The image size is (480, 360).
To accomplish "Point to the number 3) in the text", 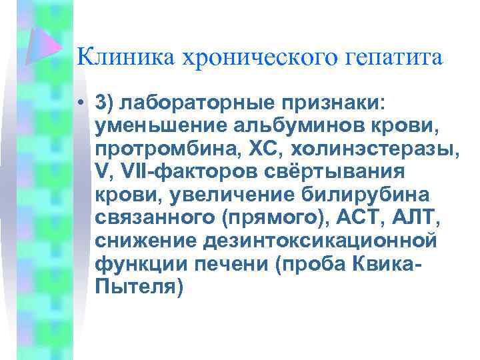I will pyautogui.click(x=105, y=103).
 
